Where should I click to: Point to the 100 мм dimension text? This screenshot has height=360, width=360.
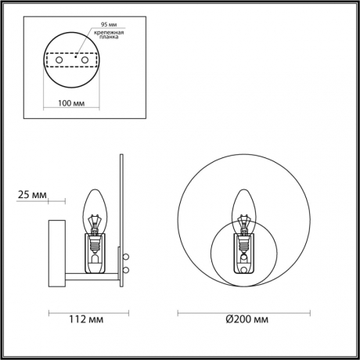(x=72, y=103)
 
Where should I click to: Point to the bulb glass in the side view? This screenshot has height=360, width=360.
(x=95, y=205)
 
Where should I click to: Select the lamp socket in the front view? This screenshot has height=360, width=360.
(x=244, y=249)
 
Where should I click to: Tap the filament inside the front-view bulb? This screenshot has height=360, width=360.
(x=244, y=224)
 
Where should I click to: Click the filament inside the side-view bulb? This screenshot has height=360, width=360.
(x=95, y=224)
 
